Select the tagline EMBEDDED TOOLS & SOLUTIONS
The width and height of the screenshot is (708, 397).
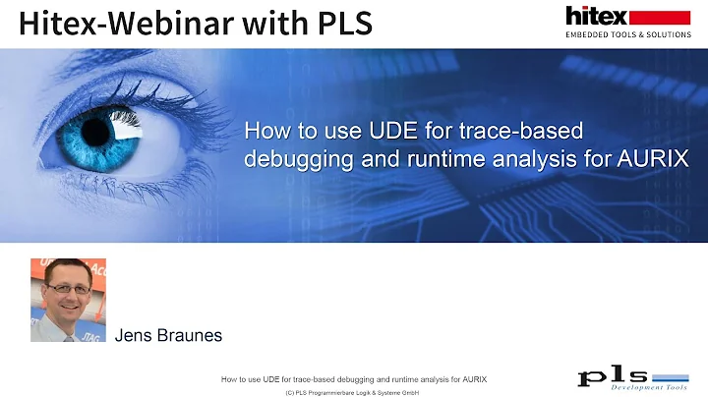pos(626,35)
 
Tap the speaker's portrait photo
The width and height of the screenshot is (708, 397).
pos(68,300)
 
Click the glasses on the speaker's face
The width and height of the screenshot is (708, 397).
pos(68,291)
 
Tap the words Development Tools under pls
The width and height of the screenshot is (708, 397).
pos(644,387)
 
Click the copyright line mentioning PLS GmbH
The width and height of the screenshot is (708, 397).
pos(353,391)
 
